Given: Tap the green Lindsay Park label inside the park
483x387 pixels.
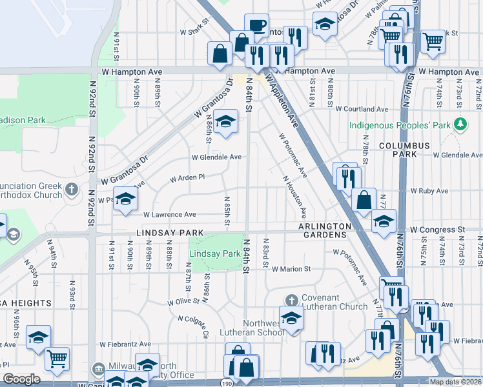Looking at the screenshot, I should tap(214, 254).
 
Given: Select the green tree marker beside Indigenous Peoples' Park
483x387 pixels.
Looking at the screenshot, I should tap(460, 123).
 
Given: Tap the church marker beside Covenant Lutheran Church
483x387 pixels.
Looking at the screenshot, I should tap(292, 300).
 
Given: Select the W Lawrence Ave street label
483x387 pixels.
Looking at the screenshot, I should tap(169, 215).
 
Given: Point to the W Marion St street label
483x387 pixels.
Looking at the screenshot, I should tap(292, 269).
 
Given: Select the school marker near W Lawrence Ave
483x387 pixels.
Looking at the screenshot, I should tap(125, 199).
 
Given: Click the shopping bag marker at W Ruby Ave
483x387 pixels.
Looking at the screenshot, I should tap(364, 201).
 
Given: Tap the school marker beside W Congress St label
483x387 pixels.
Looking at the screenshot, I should tap(384, 222).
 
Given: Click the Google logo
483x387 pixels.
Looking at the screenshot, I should tap(21, 379).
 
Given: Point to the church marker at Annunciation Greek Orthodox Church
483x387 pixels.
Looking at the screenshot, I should tap(72, 190).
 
